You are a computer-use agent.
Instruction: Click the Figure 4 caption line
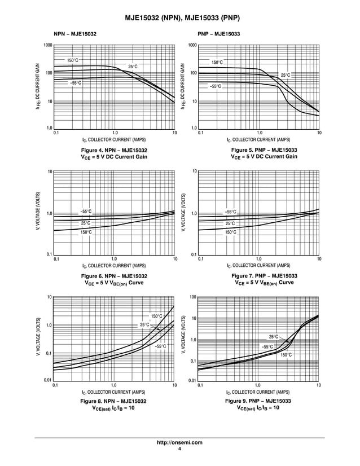click(x=114, y=150)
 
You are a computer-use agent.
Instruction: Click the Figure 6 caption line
click(x=114, y=276)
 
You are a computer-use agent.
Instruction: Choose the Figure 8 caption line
click(x=114, y=401)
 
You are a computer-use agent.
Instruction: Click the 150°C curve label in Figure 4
click(x=73, y=60)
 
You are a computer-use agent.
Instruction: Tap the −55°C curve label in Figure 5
click(x=216, y=86)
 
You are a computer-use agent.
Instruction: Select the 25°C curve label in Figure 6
click(x=85, y=223)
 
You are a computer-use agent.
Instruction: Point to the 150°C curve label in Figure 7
click(x=231, y=232)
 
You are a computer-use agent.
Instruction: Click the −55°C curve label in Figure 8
click(x=161, y=346)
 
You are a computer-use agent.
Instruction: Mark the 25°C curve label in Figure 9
click(x=274, y=337)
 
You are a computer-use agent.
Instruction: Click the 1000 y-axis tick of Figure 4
click(x=48, y=45)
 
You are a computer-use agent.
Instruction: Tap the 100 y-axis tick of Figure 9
click(x=192, y=297)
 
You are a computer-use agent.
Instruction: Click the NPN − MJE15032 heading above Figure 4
click(x=75, y=34)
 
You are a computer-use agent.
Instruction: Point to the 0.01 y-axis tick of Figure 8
click(x=48, y=381)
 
